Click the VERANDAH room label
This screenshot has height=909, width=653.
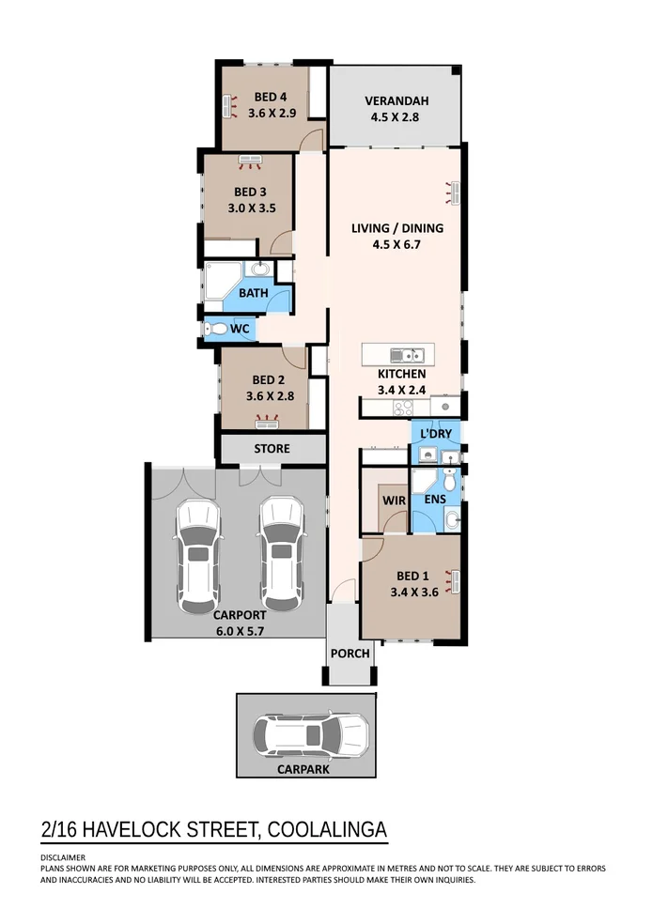(396, 100)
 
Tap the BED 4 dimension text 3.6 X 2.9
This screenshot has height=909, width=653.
(272, 113)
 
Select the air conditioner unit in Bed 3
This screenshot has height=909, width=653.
(251, 161)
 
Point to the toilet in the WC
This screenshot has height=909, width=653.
(216, 330)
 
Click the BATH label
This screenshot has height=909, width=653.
(254, 293)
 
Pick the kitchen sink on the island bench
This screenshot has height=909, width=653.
(408, 354)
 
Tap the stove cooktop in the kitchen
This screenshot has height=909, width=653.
(403, 408)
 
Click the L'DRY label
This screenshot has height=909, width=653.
(436, 434)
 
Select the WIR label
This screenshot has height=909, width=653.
(394, 501)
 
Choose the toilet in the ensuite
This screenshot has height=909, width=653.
(450, 480)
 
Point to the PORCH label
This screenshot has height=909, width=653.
(350, 654)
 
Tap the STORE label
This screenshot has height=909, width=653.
(272, 449)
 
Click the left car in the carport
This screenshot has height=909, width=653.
(198, 556)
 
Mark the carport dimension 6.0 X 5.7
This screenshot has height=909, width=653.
(241, 631)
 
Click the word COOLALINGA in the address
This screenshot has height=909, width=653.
(328, 829)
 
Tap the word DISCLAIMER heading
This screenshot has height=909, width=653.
(63, 857)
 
